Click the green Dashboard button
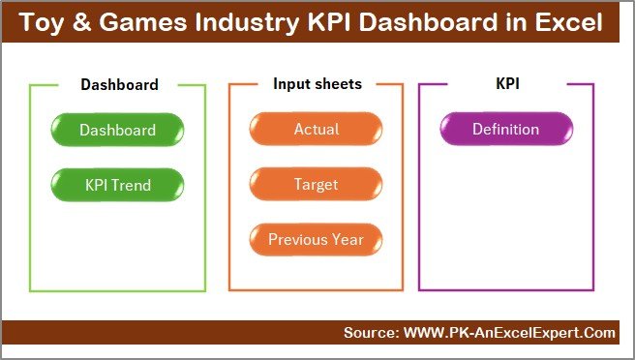pyautogui.click(x=117, y=130)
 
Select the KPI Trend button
pyautogui.click(x=117, y=184)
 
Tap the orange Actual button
pyautogui.click(x=317, y=130)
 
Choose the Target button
pyautogui.click(x=317, y=184)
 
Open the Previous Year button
pyautogui.click(x=317, y=239)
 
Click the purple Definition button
pyautogui.click(x=505, y=130)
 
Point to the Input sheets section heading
pyautogui.click(x=317, y=84)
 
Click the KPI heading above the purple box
pyautogui.click(x=507, y=84)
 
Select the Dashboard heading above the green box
pyautogui.click(x=119, y=84)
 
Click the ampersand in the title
pyautogui.click(x=92, y=21)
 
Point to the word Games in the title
pyautogui.click(x=148, y=21)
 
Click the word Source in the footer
pyautogui.click(x=369, y=333)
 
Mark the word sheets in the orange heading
pyautogui.click(x=338, y=84)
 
